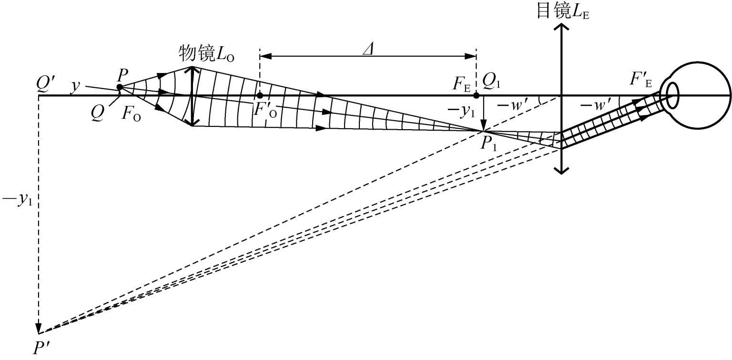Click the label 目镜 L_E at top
pyautogui.click(x=563, y=12)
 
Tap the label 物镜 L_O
pyautogui.click(x=206, y=53)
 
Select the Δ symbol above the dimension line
pyautogui.click(x=369, y=49)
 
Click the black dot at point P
pyautogui.click(x=120, y=87)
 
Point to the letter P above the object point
pyautogui.click(x=122, y=75)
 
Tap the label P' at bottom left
pyautogui.click(x=41, y=348)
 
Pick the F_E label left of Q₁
pyautogui.click(x=461, y=84)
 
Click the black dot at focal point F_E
pyautogui.click(x=477, y=95)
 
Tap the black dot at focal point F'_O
pyautogui.click(x=259, y=95)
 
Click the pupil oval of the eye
pyautogui.click(x=672, y=95)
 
